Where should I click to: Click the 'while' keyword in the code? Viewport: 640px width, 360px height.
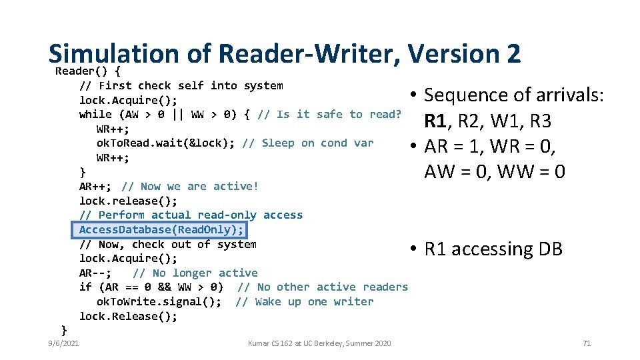coord(95,115)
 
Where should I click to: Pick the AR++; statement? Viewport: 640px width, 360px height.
coord(97,187)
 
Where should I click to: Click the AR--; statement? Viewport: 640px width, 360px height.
coord(95,273)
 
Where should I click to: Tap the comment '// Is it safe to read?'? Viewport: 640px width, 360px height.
coord(329,115)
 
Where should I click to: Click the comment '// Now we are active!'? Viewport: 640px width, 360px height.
coord(190,187)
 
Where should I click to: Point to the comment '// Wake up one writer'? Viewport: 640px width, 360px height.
coord(305,302)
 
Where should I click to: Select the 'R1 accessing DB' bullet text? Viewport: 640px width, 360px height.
coord(493,249)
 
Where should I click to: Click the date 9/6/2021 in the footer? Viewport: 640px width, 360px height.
coord(63,343)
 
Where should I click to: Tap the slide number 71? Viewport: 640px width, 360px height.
coord(587,343)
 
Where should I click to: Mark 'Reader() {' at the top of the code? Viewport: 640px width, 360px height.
coord(87,71)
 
